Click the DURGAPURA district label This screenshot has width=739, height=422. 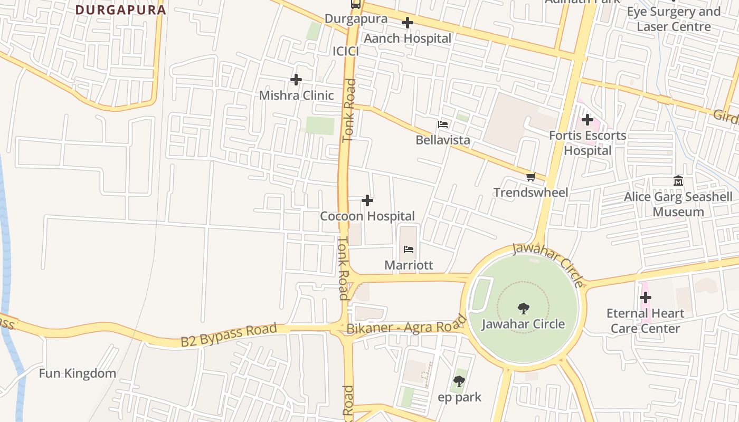click(120, 9)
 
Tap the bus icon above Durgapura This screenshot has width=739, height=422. click(356, 4)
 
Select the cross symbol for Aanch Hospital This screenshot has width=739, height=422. click(408, 23)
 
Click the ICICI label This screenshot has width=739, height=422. click(346, 51)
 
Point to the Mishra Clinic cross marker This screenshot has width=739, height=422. click(296, 80)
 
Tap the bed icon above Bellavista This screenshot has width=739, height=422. click(443, 124)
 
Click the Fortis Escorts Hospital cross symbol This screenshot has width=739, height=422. click(588, 120)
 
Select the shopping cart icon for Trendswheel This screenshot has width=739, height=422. click(530, 177)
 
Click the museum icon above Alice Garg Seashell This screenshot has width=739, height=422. click(678, 181)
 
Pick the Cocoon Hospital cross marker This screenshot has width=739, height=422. click(367, 200)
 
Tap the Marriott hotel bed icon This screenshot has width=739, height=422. click(409, 250)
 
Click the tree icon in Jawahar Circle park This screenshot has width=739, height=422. click(523, 308)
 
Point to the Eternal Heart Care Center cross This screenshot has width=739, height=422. click(645, 298)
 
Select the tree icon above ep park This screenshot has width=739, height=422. click(459, 381)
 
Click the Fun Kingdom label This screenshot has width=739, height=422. click(78, 373)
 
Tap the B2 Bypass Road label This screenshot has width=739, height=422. click(229, 335)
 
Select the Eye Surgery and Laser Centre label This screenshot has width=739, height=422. click(674, 19)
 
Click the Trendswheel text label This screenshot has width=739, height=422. click(531, 193)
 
